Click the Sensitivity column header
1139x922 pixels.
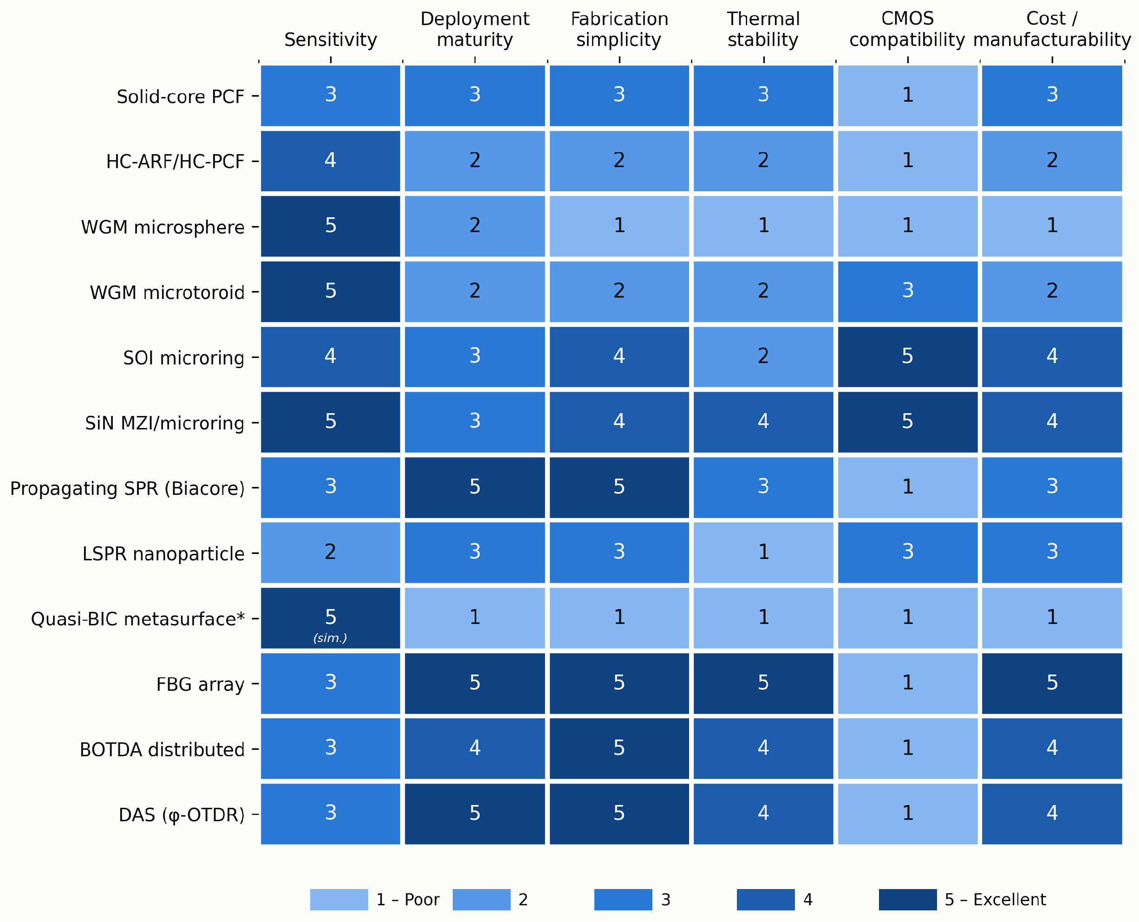tap(331, 40)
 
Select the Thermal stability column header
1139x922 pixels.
tap(763, 29)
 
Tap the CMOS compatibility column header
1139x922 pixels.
tap(907, 29)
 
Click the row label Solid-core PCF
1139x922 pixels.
tap(181, 97)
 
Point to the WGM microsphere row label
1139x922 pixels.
tap(163, 227)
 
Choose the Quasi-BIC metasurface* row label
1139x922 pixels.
tap(138, 619)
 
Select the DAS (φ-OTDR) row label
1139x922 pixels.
tap(182, 815)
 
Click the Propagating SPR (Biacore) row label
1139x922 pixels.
tap(128, 488)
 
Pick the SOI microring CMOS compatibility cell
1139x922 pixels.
tap(907, 357)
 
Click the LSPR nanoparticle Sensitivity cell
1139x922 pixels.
tap(331, 553)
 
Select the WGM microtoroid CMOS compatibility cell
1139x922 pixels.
tap(907, 292)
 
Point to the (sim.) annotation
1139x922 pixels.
tap(331, 638)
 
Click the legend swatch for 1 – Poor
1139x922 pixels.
tap(339, 900)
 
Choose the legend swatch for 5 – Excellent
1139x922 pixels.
tap(908, 900)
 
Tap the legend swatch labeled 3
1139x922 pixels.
tap(623, 900)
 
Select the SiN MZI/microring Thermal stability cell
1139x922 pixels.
tap(763, 422)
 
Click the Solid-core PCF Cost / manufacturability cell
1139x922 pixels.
tap(1052, 96)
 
